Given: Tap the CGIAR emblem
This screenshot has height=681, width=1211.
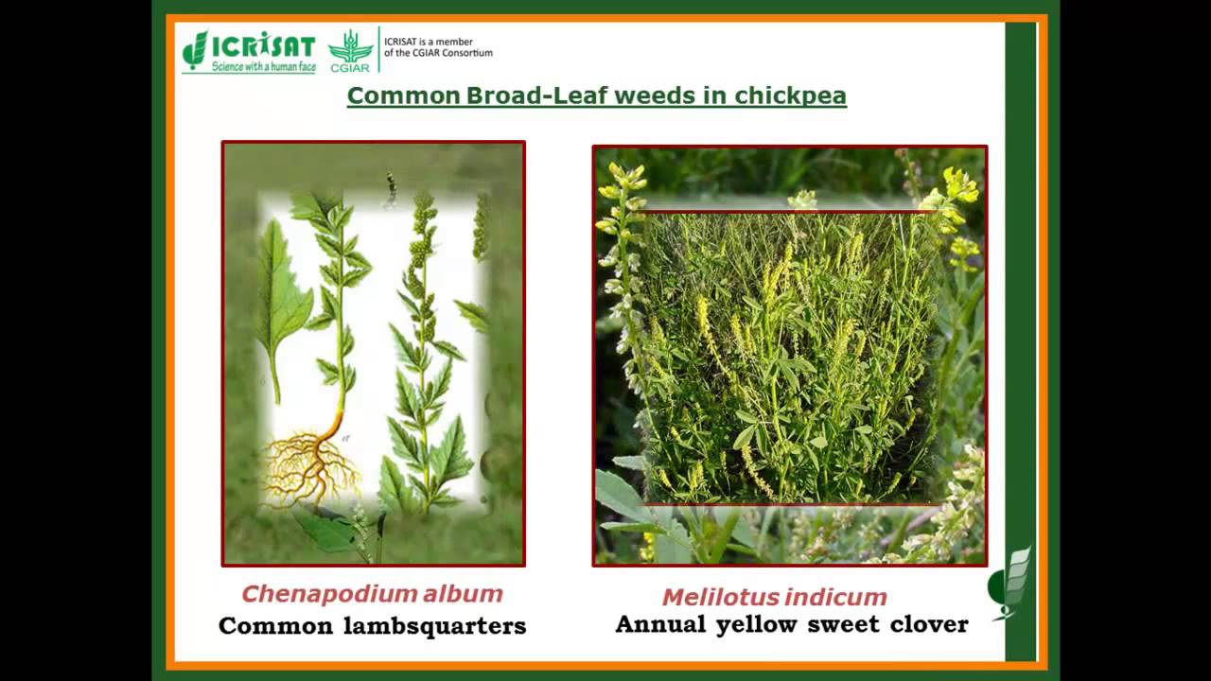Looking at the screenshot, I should point(350,50).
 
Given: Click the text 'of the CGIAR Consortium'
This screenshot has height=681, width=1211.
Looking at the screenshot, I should point(439,53).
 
